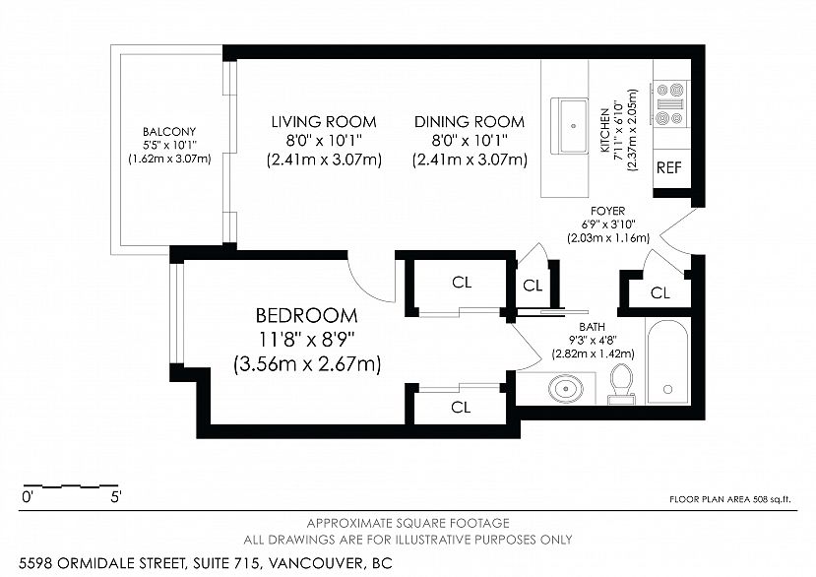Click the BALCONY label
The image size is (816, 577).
(x=169, y=132)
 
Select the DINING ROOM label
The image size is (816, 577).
(x=469, y=122)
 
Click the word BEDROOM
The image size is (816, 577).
(x=306, y=316)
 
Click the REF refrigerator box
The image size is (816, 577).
(x=669, y=167)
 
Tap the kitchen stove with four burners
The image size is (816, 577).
(x=670, y=103)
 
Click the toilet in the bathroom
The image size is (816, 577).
(x=621, y=383)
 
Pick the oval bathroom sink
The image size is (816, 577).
(x=563, y=389)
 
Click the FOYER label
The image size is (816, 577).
(x=607, y=211)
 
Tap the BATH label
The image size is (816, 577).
(x=592, y=327)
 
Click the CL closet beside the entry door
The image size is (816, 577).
(x=659, y=293)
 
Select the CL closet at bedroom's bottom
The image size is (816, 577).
(x=461, y=407)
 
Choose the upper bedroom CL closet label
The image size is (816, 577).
(x=462, y=283)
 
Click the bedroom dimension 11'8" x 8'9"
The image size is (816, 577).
(x=306, y=340)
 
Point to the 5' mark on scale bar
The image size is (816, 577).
(x=115, y=498)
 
